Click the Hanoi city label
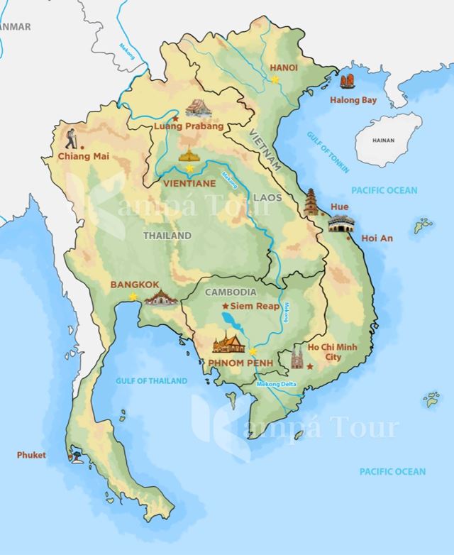(x=284, y=67)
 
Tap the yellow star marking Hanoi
(x=275, y=79)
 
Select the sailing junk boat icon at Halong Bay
(x=348, y=83)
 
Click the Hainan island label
(x=382, y=141)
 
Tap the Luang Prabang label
(x=189, y=126)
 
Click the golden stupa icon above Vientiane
(x=189, y=155)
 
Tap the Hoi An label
(x=377, y=238)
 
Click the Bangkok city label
(x=134, y=285)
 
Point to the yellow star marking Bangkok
(x=133, y=297)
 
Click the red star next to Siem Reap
(x=226, y=305)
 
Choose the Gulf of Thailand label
(x=152, y=381)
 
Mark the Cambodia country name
(x=231, y=292)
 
